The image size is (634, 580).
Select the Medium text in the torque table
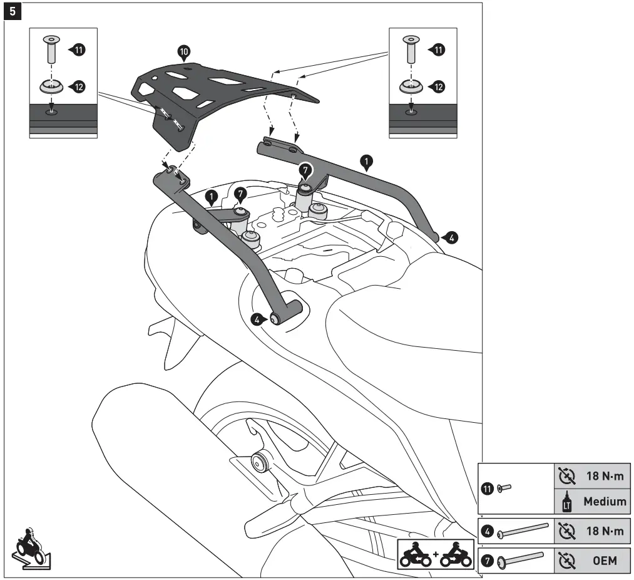[x=605, y=501]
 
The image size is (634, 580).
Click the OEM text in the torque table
[x=605, y=561]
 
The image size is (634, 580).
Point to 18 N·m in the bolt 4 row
[x=605, y=532]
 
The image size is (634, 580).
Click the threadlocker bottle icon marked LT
[x=567, y=502]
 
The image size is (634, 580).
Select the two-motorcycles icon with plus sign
[x=434, y=553]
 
